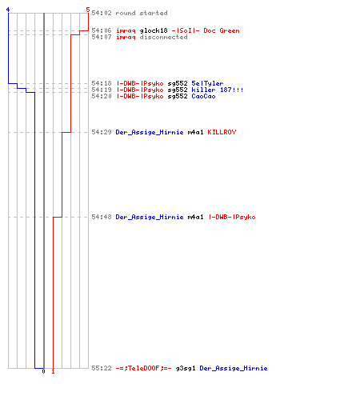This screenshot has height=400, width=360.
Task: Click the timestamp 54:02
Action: pyautogui.click(x=102, y=13)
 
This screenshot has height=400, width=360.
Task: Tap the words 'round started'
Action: pyautogui.click(x=142, y=13)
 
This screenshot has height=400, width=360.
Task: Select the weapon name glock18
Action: pyautogui.click(x=154, y=31)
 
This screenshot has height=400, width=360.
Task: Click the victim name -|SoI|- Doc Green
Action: pyautogui.click(x=206, y=30)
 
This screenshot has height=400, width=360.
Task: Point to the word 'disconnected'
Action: pyautogui.click(x=163, y=37)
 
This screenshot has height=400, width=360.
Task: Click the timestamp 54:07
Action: pyautogui.click(x=102, y=37)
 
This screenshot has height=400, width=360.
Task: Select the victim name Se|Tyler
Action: pyautogui.click(x=207, y=83)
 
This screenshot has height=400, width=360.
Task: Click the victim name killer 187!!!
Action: pyautogui.click(x=218, y=90)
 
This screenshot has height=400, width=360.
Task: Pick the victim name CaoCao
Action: pyautogui.click(x=203, y=96)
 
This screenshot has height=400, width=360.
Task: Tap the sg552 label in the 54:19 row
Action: pyautogui.click(x=178, y=90)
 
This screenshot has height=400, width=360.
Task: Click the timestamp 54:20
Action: pyautogui.click(x=102, y=96)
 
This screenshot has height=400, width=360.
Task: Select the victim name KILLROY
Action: pyautogui.click(x=222, y=132)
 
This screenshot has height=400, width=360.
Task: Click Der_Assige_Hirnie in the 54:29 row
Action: pyautogui.click(x=150, y=133)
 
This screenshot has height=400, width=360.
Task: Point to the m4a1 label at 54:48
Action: pyautogui.click(x=195, y=217)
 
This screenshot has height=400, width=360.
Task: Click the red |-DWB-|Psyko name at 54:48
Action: pyautogui.click(x=231, y=218)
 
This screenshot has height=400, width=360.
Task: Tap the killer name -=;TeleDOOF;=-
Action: pyautogui.click(x=143, y=368)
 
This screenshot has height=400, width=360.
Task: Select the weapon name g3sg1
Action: pyautogui.click(x=186, y=369)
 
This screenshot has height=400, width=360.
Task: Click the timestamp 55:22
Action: pyautogui.click(x=102, y=368)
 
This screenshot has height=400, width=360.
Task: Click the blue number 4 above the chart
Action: pyautogui.click(x=8, y=10)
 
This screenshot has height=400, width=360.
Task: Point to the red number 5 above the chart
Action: pyautogui.click(x=88, y=10)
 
